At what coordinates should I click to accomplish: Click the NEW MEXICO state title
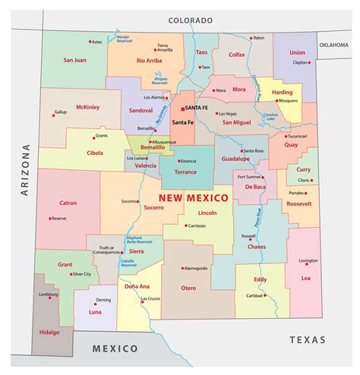(193, 198)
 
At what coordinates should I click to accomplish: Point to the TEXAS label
(307, 339)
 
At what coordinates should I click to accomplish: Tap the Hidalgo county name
(49, 332)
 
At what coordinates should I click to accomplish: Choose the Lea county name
(305, 278)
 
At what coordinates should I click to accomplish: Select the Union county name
(298, 52)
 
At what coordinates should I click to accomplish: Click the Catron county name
(68, 203)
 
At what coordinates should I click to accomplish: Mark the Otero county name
(188, 288)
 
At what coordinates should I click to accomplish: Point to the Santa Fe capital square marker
(182, 108)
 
